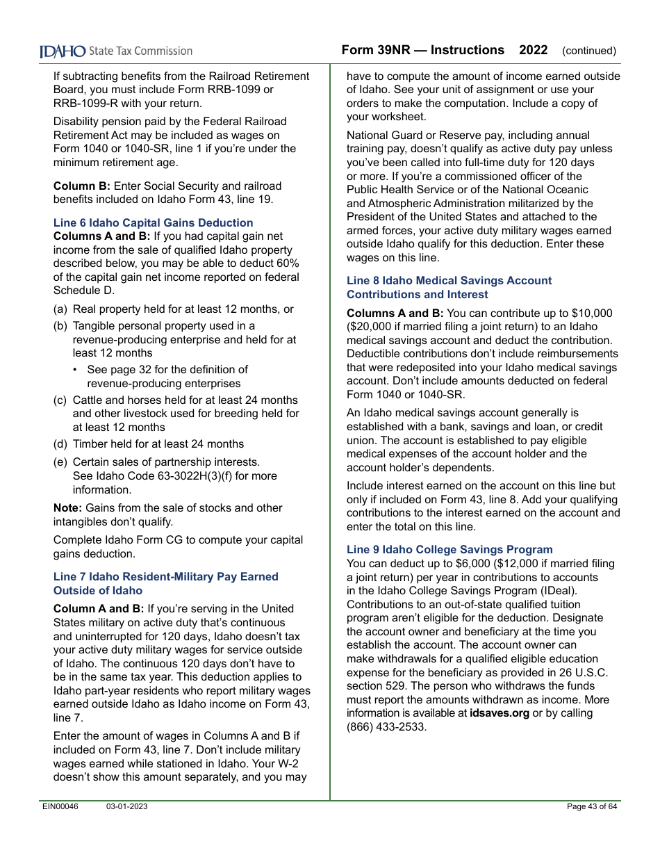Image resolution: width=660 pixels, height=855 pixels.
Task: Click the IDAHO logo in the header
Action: coord(63,51)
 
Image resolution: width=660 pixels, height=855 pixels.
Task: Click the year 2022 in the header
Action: coord(533,50)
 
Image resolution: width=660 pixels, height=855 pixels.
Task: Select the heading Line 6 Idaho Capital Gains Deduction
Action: coord(153,223)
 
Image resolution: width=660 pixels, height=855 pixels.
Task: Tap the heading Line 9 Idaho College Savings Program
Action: coord(449,550)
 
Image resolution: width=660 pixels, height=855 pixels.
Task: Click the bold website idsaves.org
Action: coord(499,713)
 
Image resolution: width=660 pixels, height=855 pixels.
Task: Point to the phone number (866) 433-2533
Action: coord(386,727)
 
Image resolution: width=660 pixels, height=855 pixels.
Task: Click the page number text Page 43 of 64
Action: coord(591,806)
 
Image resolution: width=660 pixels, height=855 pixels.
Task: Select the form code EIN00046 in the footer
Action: coord(60,806)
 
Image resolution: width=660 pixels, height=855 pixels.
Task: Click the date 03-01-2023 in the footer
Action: coord(126,806)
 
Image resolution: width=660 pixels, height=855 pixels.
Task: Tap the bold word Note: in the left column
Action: coord(68,508)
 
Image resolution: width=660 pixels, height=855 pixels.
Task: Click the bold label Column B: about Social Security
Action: coord(82,186)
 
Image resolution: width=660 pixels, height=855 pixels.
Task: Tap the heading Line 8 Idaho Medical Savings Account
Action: coord(449,281)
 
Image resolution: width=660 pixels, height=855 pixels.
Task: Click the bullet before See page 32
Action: coord(75,370)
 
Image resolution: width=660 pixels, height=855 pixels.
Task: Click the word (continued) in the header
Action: coord(588,51)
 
